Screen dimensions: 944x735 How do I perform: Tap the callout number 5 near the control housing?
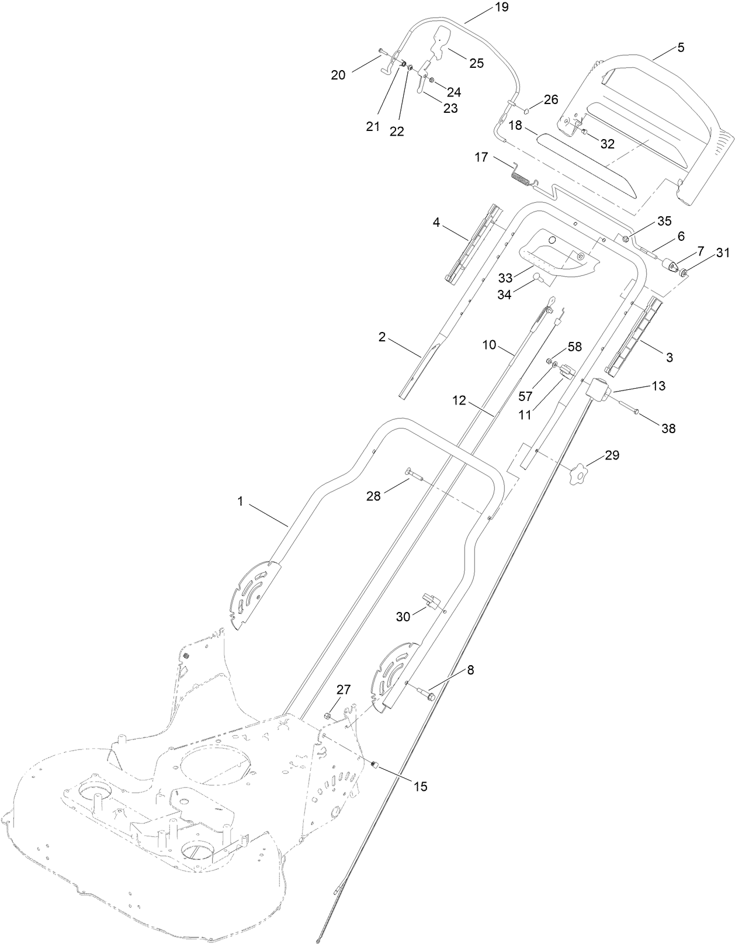click(681, 48)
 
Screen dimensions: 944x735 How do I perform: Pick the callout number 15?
click(420, 786)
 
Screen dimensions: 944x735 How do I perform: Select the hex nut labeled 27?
click(328, 716)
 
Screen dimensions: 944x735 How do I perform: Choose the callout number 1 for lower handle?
click(240, 501)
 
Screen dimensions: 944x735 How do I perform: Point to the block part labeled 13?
click(599, 389)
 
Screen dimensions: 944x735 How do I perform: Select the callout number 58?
click(575, 347)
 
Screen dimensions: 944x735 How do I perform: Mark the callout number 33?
click(507, 276)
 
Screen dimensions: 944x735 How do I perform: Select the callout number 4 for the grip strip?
click(436, 222)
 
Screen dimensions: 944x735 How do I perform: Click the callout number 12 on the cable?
click(459, 400)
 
